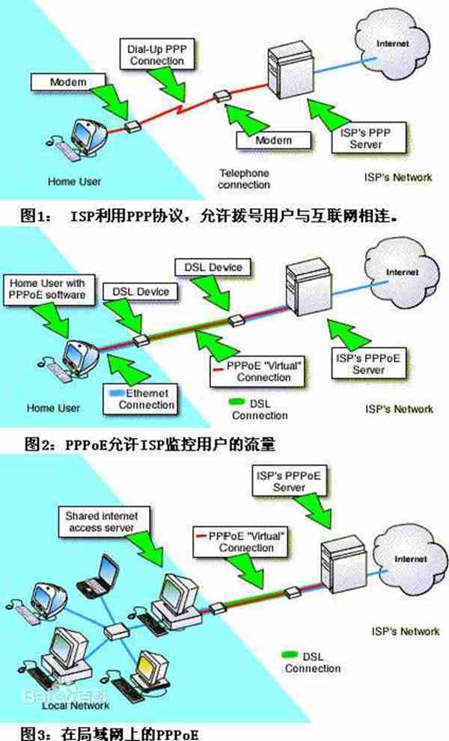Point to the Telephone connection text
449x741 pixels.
[244, 179]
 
